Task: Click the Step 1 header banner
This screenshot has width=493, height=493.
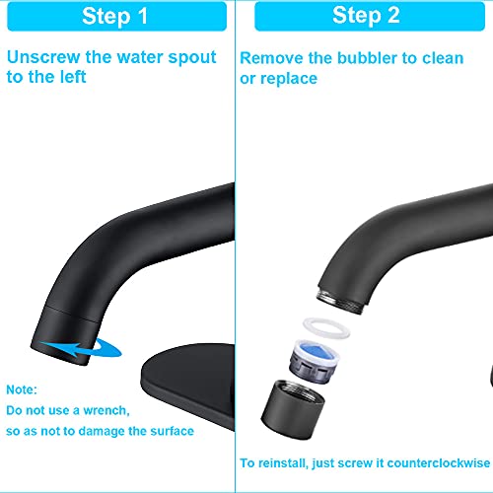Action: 116,17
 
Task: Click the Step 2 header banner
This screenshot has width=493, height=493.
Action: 370,17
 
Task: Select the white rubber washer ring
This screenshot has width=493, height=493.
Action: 326,327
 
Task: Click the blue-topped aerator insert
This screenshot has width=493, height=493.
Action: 315,361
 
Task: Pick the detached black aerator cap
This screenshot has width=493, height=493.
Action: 293,409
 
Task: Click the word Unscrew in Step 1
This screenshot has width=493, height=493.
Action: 43,57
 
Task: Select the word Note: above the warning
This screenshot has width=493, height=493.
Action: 22,389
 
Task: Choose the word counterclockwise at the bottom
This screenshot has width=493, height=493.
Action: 439,463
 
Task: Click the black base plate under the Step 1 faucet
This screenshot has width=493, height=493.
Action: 188,385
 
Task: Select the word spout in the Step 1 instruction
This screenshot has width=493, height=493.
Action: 192,58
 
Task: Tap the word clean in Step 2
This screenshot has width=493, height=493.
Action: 443,58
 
